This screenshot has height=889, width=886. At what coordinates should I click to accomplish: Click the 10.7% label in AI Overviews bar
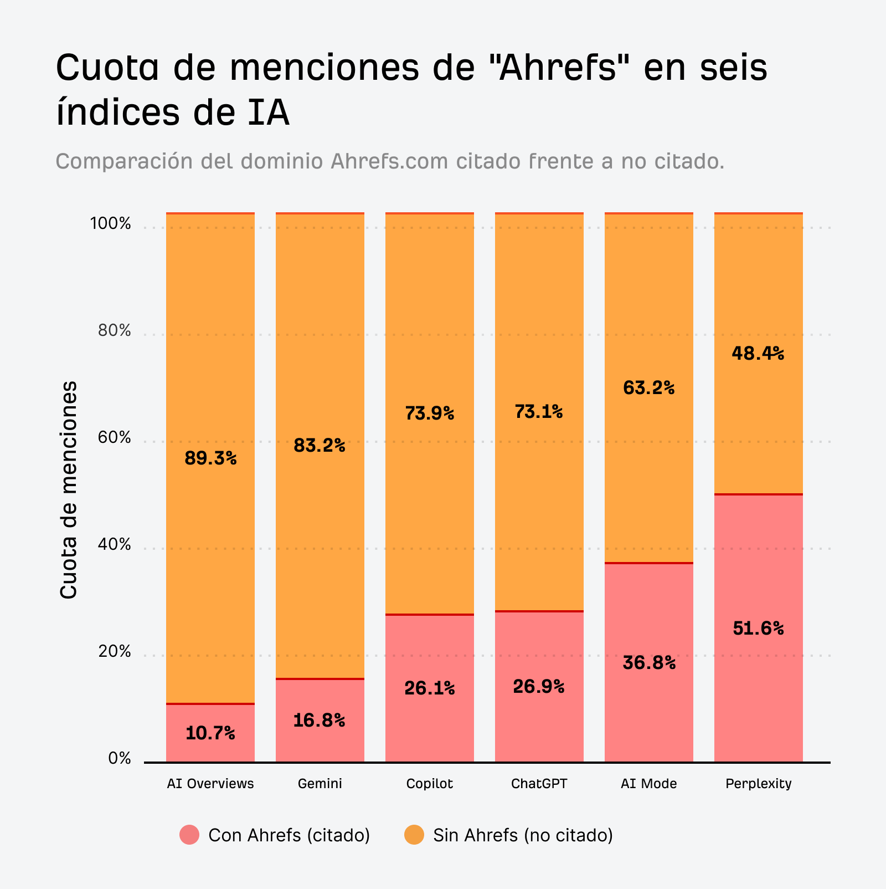[210, 733]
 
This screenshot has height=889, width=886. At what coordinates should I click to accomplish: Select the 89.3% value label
[210, 458]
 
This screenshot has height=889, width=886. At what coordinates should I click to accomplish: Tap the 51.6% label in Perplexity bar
[758, 628]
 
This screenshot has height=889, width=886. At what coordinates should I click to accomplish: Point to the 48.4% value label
[758, 353]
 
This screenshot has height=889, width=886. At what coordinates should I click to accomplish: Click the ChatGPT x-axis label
[539, 784]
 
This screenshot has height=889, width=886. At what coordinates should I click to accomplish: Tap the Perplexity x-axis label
[758, 784]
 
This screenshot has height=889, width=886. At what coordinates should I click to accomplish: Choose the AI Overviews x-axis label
[210, 784]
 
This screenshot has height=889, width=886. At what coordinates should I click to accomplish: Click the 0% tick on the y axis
[119, 758]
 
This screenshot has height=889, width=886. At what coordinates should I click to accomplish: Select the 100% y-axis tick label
[111, 224]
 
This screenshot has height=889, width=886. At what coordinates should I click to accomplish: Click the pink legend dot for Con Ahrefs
[189, 835]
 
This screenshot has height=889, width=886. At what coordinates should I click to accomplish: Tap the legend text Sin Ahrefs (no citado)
[523, 835]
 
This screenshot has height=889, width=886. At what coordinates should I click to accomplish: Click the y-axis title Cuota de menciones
[68, 490]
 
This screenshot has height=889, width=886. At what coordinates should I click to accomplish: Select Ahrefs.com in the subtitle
[390, 161]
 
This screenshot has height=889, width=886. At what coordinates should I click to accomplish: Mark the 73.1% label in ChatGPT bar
[539, 412]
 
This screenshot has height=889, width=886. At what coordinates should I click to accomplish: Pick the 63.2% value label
[648, 387]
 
